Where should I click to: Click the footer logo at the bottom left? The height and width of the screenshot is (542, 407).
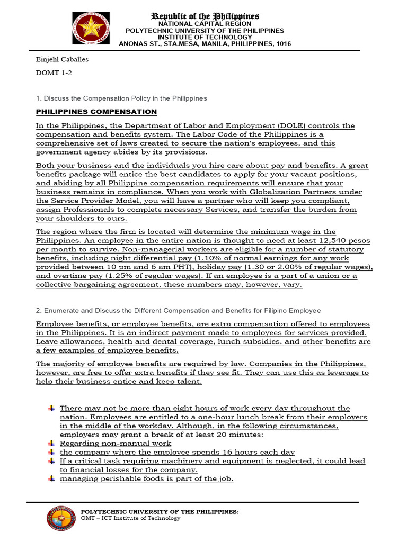[x=63, y=518]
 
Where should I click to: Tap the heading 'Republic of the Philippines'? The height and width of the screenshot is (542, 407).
[x=205, y=16]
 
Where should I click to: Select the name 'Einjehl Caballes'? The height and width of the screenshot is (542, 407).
[x=61, y=59]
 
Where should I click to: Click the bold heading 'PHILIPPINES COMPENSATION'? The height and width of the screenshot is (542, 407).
[x=96, y=112]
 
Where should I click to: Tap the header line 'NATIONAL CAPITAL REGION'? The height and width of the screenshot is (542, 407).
[x=205, y=24]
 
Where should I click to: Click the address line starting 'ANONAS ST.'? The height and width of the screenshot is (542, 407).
[x=205, y=44]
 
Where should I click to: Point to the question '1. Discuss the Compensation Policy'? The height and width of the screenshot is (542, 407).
[x=121, y=98]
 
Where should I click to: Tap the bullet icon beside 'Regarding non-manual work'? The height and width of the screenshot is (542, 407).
[x=51, y=443]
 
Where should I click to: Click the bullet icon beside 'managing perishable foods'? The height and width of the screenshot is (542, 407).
[x=51, y=478]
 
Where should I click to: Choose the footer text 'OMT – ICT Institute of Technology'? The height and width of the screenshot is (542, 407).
[x=130, y=518]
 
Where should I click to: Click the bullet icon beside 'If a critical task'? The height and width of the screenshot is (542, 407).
[x=51, y=461]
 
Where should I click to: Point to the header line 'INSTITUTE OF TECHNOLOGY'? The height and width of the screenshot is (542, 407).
[x=205, y=38]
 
